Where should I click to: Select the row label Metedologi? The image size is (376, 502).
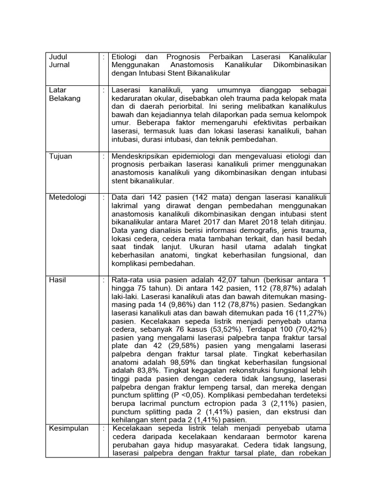pyautogui.click(x=68, y=197)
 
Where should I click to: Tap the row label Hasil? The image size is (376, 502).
pyautogui.click(x=57, y=280)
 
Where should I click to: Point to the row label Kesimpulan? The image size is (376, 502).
pyautogui.click(x=69, y=428)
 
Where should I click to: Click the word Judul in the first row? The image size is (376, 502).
pyautogui.click(x=58, y=56)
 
